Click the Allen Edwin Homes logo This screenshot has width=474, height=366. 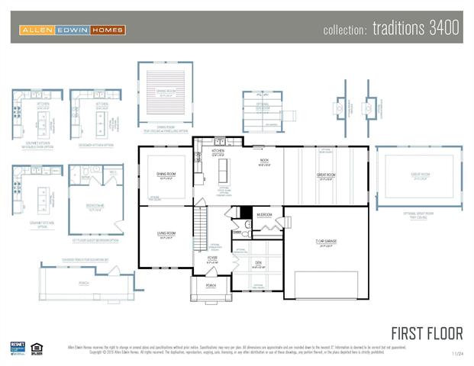72,30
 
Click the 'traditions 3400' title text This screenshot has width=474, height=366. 391,29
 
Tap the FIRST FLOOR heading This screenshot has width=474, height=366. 427,333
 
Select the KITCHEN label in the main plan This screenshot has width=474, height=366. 218,151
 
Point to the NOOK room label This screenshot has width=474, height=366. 264,160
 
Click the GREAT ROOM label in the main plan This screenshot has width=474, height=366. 326,175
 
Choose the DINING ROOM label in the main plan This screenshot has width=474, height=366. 166,175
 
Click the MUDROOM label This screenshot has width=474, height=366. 265,215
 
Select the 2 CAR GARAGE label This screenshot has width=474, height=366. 325,242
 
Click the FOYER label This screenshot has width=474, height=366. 212,258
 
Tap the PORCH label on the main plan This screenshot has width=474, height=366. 210,285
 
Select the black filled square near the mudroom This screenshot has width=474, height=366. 246,212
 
